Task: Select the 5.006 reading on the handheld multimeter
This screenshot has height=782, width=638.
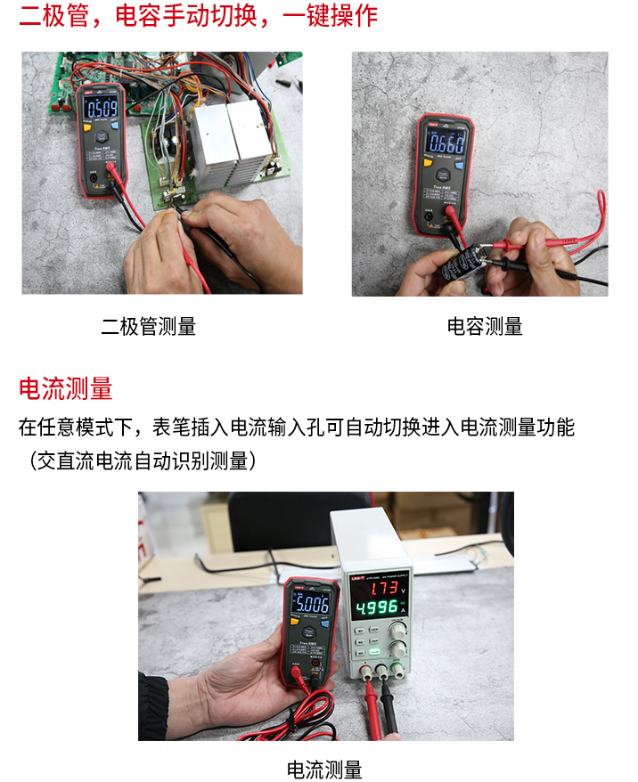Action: (x=308, y=605)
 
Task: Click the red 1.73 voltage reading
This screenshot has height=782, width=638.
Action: (x=382, y=587)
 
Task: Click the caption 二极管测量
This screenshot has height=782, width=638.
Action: (x=149, y=326)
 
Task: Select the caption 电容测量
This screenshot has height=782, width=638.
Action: (x=485, y=326)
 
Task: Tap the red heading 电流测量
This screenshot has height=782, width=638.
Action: (x=66, y=389)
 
